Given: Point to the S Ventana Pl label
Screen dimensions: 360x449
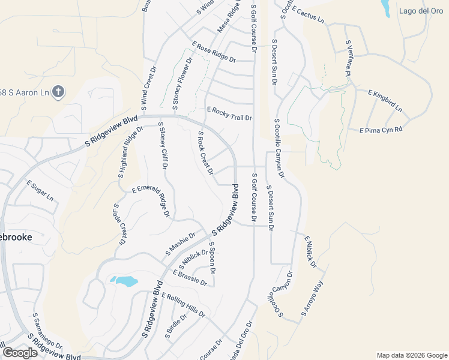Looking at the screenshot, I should point(348,58).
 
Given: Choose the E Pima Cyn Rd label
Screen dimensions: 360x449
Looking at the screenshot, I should point(381,130).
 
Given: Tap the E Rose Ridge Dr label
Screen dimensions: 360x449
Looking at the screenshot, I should point(214,52).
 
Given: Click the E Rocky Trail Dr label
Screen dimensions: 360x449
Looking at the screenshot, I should point(229,114).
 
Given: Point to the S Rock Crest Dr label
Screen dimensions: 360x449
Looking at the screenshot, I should point(205,153).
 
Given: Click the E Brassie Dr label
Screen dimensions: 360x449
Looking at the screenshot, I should point(190,278).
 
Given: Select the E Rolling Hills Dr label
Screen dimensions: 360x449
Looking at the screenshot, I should point(184,305).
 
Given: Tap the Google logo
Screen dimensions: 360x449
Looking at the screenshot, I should point(20,353).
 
